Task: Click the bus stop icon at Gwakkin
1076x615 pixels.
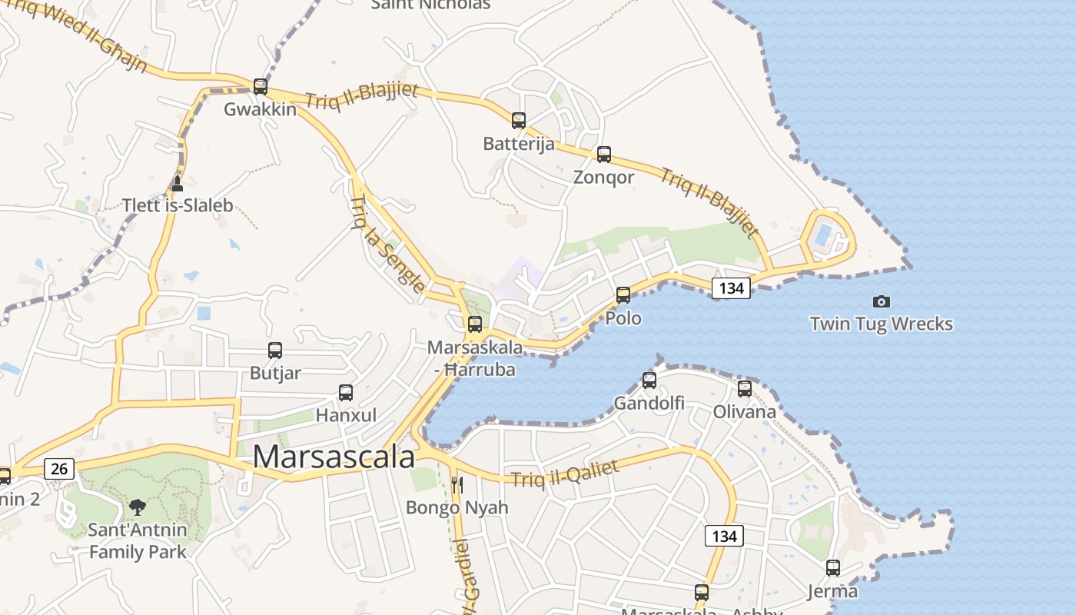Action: [x=261, y=86]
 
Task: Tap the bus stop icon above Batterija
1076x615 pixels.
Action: [x=519, y=121]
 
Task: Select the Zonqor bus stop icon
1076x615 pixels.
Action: [x=604, y=155]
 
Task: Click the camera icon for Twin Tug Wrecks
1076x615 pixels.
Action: [x=882, y=302]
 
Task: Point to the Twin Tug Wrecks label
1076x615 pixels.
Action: [x=881, y=324]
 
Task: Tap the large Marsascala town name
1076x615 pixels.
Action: [x=334, y=457]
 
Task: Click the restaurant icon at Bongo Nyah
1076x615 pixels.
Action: [x=457, y=484]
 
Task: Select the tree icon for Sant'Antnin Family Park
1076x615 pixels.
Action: [x=138, y=507]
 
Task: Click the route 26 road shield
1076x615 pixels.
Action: [x=59, y=468]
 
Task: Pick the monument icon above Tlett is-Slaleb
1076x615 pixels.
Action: [x=178, y=183]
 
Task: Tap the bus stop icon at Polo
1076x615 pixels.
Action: [x=623, y=295]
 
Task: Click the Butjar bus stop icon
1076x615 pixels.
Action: [x=275, y=351]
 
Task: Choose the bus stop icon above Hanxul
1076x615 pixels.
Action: [x=346, y=393]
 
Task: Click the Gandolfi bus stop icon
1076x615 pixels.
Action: [x=649, y=381]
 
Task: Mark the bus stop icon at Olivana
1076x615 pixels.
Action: [x=745, y=389]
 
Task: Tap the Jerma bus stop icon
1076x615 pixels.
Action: [x=833, y=569]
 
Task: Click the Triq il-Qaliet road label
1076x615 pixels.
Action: [x=565, y=471]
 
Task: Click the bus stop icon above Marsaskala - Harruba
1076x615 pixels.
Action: [x=475, y=324]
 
